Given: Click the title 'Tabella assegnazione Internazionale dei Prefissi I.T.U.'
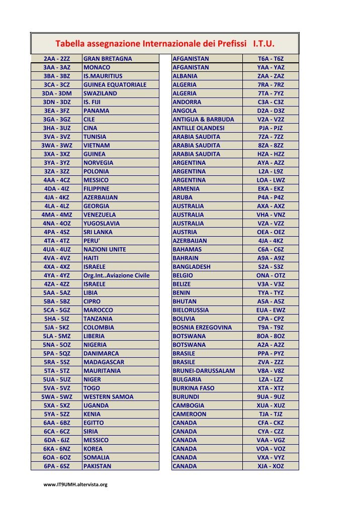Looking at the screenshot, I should pos(165,43).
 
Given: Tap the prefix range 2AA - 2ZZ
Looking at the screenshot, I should pos(57,59).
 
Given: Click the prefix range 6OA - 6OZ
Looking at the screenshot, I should pos(57,457).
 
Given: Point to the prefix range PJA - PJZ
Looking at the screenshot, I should pos(271,128).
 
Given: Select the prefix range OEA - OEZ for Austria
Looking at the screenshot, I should pos(271,232).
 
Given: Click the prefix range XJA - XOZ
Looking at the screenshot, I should pos(271,466).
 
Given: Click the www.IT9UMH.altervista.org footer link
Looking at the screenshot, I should pos(76,484).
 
